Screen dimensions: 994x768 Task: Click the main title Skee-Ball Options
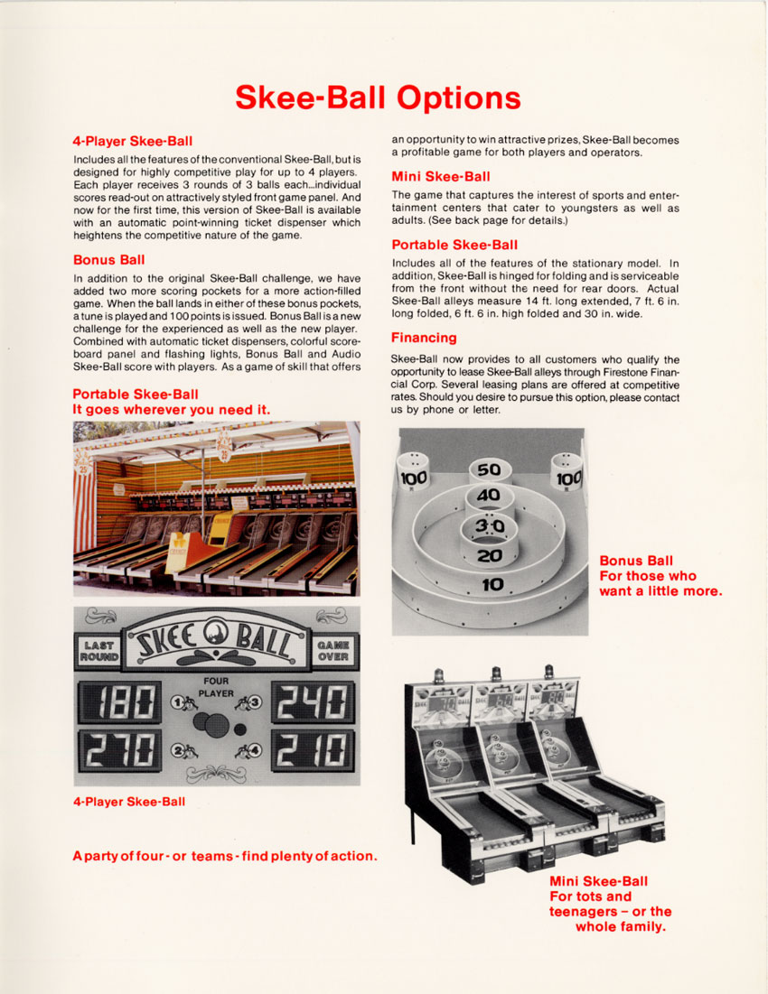pyautogui.click(x=378, y=98)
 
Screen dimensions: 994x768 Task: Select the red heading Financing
pyautogui.click(x=424, y=338)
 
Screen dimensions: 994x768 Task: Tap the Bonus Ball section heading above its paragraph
pyautogui.click(x=108, y=260)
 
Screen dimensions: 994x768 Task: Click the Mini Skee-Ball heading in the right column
pyautogui.click(x=441, y=176)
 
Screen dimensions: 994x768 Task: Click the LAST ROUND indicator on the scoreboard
pyautogui.click(x=98, y=650)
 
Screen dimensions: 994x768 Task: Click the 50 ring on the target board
pyautogui.click(x=489, y=470)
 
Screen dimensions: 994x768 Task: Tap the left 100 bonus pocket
pyautogui.click(x=414, y=477)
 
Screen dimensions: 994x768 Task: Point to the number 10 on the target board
pyautogui.click(x=492, y=584)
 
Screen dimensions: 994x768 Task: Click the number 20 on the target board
pyautogui.click(x=490, y=556)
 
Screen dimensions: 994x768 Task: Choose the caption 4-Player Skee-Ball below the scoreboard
pyautogui.click(x=129, y=801)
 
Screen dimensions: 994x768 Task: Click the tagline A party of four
pyautogui.click(x=224, y=855)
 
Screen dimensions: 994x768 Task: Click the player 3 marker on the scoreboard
pyautogui.click(x=249, y=702)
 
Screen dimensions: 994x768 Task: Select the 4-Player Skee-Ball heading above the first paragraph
pyautogui.click(x=132, y=141)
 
